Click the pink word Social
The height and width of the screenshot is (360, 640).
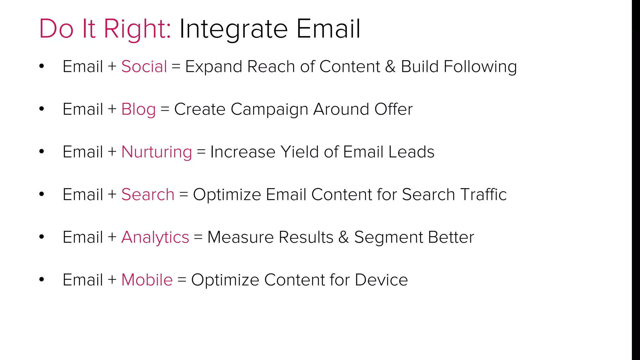click(144, 67)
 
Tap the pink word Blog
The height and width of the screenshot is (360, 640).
click(138, 109)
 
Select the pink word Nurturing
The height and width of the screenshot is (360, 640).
click(157, 152)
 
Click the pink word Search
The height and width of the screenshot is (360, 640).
click(147, 195)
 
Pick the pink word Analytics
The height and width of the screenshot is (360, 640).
click(155, 237)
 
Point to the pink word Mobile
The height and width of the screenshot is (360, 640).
click(147, 280)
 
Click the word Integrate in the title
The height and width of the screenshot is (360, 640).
click(233, 29)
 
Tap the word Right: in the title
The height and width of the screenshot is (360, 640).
click(137, 29)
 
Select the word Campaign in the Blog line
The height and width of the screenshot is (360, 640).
click(269, 109)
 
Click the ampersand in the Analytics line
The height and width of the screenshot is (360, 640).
click(343, 237)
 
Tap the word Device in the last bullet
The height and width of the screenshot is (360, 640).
click(381, 280)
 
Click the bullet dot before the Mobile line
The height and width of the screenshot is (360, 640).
click(42, 279)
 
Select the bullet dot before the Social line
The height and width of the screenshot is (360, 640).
click(42, 66)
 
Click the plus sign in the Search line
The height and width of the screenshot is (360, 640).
click(112, 195)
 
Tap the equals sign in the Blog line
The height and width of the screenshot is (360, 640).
click(165, 110)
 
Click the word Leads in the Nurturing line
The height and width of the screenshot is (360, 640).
click(411, 152)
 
